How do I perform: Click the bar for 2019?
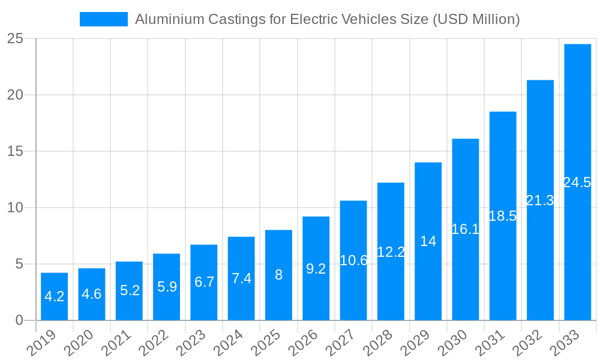54,296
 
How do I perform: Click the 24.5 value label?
577,182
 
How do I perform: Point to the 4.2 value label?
54,296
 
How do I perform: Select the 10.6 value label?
353,260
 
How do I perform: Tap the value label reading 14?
428,241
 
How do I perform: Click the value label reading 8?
278,275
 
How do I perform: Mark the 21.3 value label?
540,200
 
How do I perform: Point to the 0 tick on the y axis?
19,320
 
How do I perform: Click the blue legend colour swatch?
104,19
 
